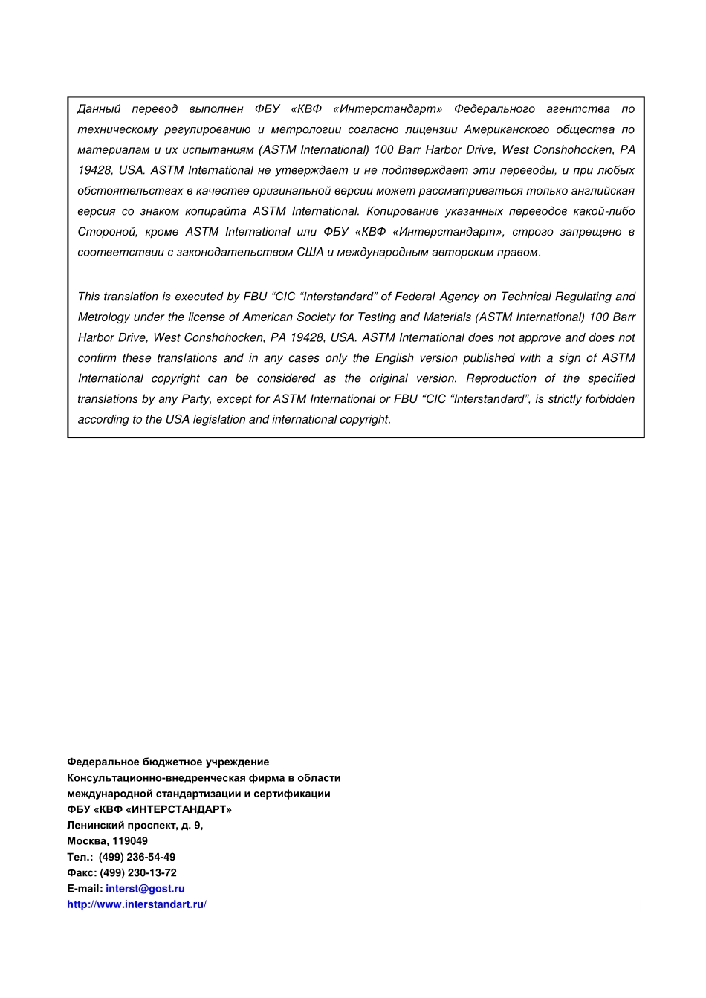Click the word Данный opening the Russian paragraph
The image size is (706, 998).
coord(99,109)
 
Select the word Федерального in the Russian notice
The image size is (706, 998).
coord(494,109)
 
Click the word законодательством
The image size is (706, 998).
coord(235,252)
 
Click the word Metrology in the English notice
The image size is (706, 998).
coord(103,317)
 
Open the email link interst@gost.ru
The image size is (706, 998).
coord(145,889)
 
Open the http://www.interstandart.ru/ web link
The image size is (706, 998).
coord(137,904)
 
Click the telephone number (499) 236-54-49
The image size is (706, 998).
coord(137,857)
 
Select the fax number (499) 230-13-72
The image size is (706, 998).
coord(138,873)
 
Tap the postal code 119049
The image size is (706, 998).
coord(130,841)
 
